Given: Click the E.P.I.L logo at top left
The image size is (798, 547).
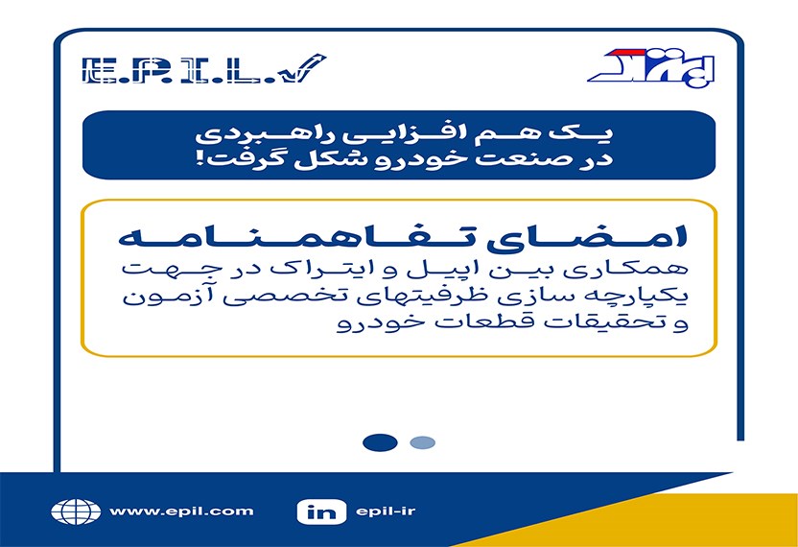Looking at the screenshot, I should [x=202, y=69].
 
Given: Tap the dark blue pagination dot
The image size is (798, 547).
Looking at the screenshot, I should [x=381, y=442].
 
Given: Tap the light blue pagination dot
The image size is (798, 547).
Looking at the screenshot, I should [x=422, y=442].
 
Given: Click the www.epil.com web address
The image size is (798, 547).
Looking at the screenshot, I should [x=181, y=511].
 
